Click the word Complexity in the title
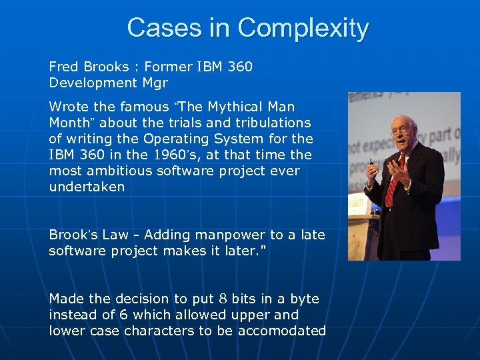point(303,28)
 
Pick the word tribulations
point(273,123)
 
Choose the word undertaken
point(87,187)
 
